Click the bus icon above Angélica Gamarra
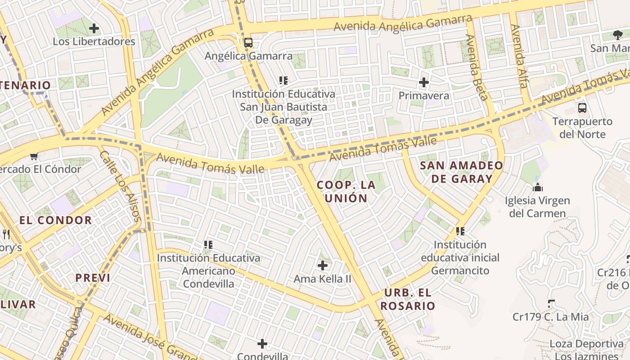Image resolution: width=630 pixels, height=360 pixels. click(248, 43)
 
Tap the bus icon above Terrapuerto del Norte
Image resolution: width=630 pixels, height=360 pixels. click(582, 108)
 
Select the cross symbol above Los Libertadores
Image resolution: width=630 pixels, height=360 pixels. click(94, 29)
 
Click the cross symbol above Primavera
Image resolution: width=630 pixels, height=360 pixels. click(423, 82)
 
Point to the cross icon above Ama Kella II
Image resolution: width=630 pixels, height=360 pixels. click(323, 265)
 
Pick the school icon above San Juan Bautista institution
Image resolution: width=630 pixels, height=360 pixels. click(283, 81)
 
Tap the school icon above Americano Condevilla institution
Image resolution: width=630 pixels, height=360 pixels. click(208, 245)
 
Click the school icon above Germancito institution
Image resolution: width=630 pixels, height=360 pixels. click(460, 231)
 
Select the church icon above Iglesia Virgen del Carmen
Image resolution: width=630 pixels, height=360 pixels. click(537, 187)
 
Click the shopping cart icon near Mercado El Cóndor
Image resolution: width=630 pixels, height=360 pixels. click(34, 157)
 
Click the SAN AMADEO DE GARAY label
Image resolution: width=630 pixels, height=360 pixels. click(462, 172)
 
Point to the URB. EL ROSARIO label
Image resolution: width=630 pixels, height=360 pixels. click(408, 299)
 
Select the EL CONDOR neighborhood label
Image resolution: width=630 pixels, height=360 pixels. click(56, 220)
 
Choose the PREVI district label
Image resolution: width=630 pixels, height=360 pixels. click(93, 278)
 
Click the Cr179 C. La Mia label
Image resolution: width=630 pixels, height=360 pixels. click(550, 317)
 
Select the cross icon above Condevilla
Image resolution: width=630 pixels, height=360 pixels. click(262, 344)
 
